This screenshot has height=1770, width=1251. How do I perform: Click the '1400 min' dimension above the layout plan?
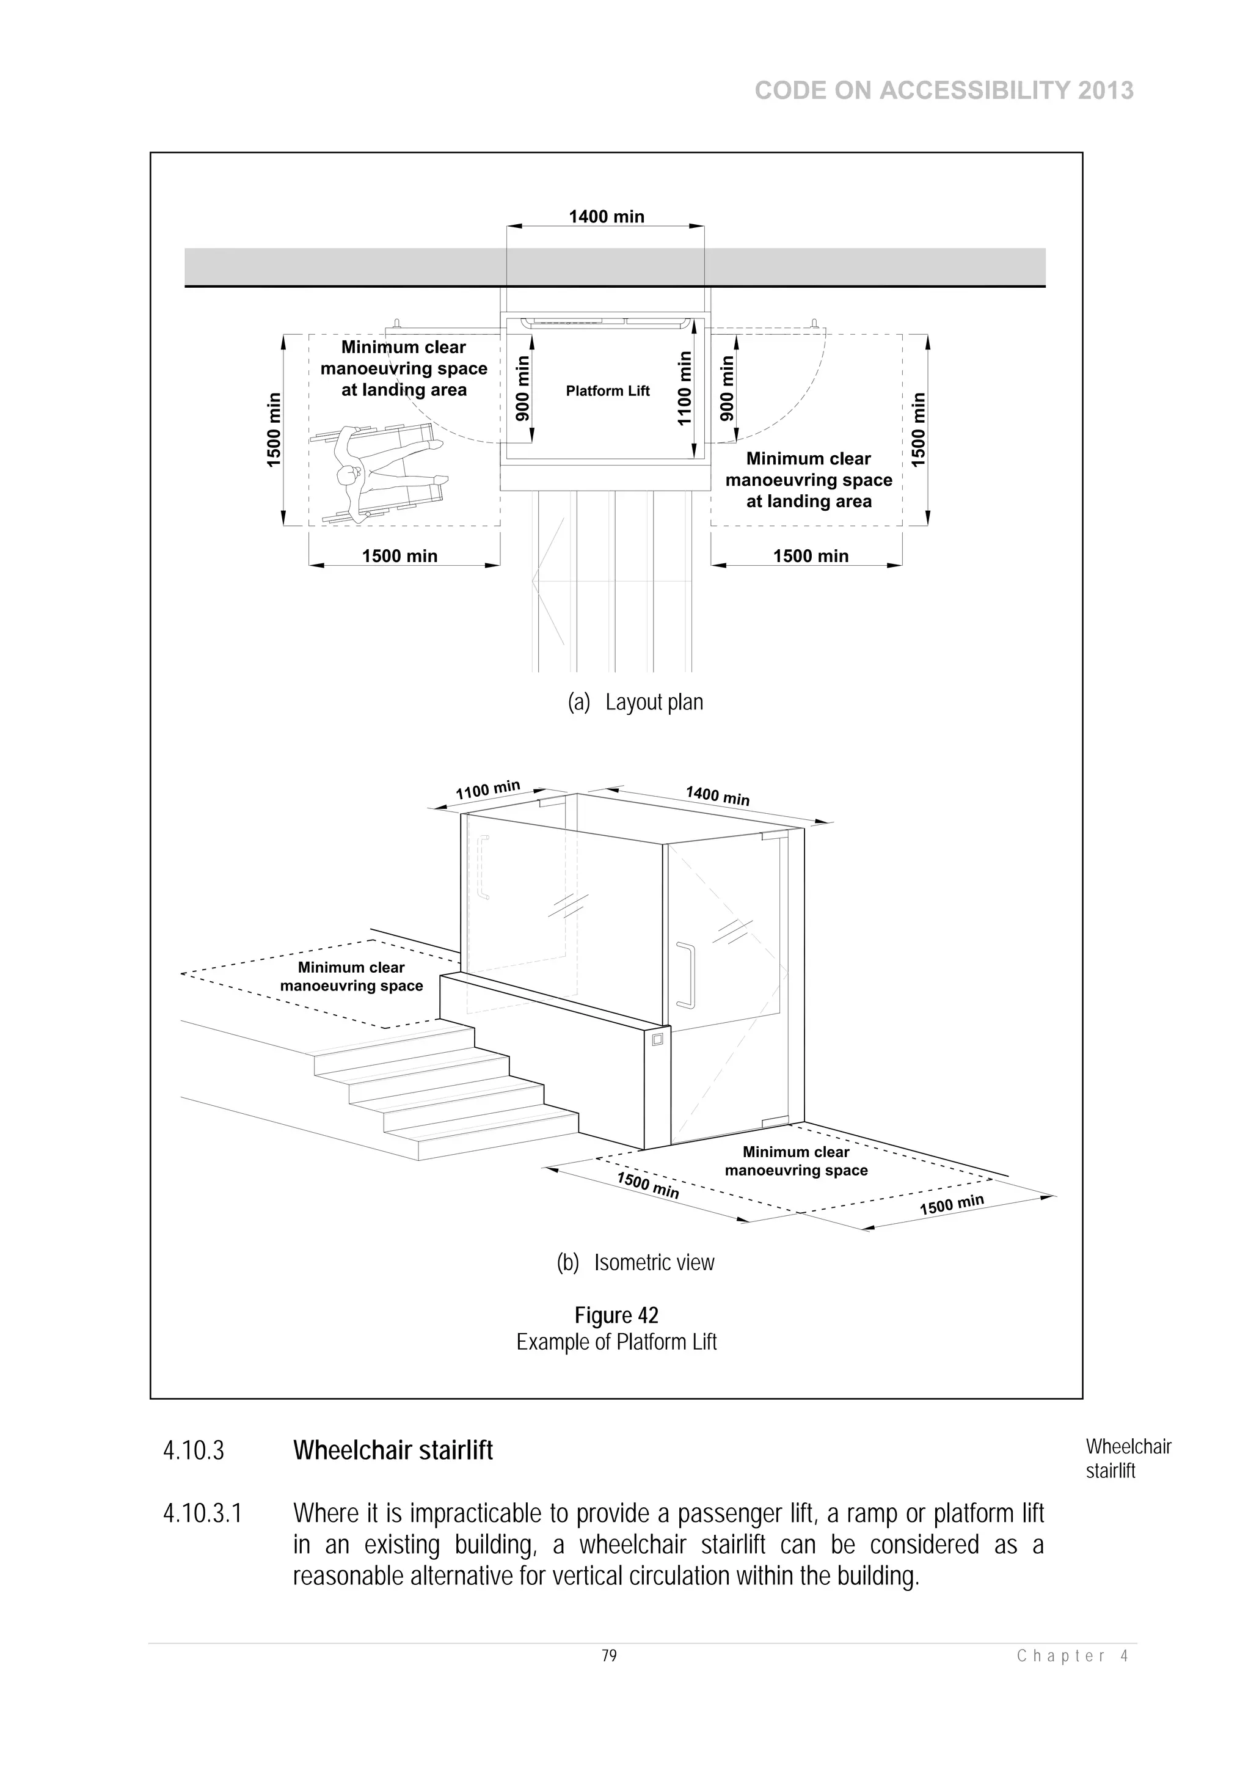pos(606,217)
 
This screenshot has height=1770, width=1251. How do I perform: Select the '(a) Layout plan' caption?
pos(635,702)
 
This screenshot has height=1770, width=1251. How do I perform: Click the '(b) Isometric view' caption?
pos(635,1263)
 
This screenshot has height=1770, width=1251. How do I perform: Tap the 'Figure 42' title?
pos(616,1315)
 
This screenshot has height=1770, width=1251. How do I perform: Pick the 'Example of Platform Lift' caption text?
pos(616,1342)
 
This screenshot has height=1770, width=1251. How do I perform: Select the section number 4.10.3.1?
pos(202,1513)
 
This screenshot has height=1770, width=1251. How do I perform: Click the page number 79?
pos(609,1656)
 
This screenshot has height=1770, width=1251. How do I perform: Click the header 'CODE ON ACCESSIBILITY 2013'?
pos(944,91)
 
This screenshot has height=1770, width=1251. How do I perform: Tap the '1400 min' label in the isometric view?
pos(717,795)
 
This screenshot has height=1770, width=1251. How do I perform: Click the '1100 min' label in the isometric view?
pos(488,790)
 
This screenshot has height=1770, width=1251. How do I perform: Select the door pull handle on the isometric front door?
pos(685,975)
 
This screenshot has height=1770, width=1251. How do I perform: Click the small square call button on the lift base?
pos(657,1040)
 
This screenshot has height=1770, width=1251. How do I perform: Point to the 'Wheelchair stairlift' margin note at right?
pos(1128,1458)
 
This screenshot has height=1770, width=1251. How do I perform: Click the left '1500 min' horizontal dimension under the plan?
pos(399,556)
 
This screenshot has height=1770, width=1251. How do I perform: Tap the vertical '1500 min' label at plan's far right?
pos(917,430)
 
